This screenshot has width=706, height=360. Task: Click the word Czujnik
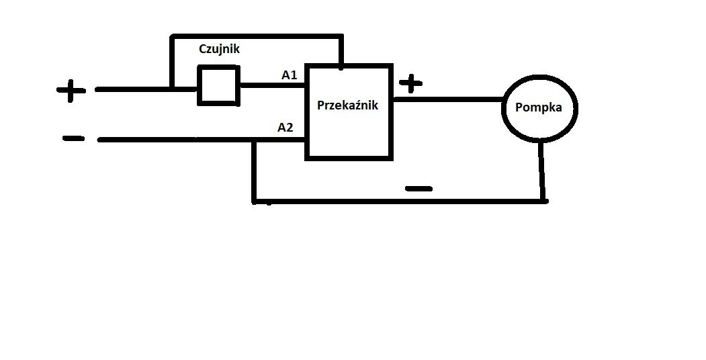pos(219,49)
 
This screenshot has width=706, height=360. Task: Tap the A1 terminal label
pos(289,75)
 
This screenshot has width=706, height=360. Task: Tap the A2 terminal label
pos(285,128)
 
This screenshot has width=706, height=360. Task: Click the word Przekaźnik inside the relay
pos(347,105)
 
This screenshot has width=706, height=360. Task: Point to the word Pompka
pos(539,108)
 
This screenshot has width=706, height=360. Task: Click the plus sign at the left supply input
pos(71,91)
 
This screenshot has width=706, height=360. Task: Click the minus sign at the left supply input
pos(73,138)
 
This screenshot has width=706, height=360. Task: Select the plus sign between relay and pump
pos(410,83)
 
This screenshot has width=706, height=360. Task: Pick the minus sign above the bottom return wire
pos(418,189)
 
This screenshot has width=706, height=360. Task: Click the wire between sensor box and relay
pos(273,84)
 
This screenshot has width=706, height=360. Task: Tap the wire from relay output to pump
pos(447,99)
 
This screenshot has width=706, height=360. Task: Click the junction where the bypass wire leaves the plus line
pos(172,89)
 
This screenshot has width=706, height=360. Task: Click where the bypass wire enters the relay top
pos(341,66)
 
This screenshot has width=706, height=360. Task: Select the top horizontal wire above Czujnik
pos(256,36)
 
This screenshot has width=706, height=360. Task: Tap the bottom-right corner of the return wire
pos(544,201)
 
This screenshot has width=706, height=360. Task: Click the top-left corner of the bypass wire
pos(172,37)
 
